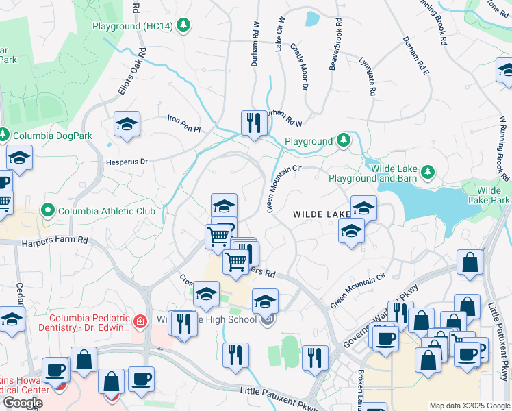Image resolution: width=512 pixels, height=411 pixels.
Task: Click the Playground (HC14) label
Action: (x=133, y=26)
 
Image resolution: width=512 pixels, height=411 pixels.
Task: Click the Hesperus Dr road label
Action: (x=127, y=162)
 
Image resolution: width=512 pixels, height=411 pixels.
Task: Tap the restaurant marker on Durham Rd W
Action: (x=253, y=124)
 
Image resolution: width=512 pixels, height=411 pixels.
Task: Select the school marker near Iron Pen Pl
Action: (x=127, y=125)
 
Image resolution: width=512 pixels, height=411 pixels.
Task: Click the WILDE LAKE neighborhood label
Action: (x=322, y=214)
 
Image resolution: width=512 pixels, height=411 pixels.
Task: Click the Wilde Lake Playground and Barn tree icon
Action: (x=428, y=170)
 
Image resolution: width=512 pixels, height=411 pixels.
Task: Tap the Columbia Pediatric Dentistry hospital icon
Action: (x=140, y=321)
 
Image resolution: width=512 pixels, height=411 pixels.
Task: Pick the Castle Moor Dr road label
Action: (x=300, y=67)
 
